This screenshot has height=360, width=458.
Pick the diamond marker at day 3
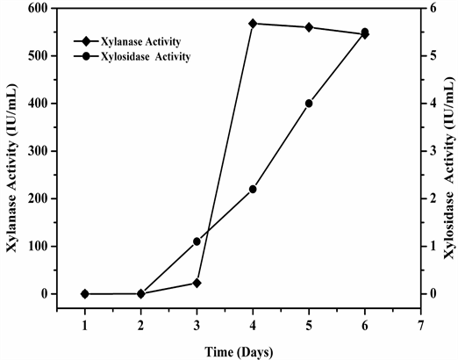[197, 283]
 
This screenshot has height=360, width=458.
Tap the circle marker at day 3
[197, 241]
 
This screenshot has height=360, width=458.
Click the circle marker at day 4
[253, 189]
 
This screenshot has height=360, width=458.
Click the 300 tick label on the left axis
[39, 151]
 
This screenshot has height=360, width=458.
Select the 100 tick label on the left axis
[39, 246]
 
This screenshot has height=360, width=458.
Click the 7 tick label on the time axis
[421, 326]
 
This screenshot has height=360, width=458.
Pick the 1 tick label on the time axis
[84, 326]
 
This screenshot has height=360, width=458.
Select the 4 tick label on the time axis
[253, 326]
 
